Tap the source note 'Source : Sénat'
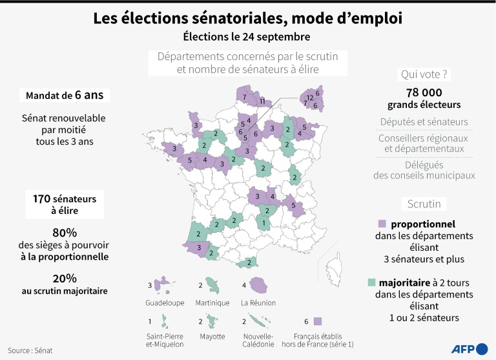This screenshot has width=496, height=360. tap(30, 350)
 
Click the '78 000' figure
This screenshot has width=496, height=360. tap(424, 93)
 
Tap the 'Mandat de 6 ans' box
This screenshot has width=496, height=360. tap(64, 95)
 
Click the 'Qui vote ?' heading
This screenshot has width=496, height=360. tap(424, 74)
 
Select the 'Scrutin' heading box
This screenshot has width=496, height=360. tap(424, 204)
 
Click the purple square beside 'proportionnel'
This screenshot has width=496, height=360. tap(382, 224)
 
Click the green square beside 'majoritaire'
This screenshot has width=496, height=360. tap(371, 283)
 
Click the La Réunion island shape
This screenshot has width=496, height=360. tap(259, 284)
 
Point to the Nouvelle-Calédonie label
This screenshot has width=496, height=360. tap(258, 341)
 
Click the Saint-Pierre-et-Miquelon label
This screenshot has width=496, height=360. tap(166, 341)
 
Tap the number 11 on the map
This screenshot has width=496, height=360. tap(262, 102)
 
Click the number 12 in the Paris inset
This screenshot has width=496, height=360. tap(310, 98)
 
